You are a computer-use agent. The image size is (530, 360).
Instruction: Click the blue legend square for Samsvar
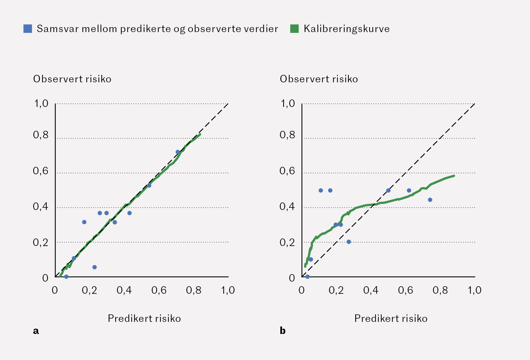coord(28,29)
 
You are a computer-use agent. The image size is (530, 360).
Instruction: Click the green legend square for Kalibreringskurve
coord(294,29)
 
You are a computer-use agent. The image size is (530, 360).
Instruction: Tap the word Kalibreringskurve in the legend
coord(346,29)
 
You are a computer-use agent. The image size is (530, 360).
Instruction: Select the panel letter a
coord(36,331)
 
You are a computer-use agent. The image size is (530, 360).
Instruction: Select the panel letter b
coord(282,331)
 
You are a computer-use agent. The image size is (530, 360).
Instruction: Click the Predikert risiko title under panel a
coord(144,318)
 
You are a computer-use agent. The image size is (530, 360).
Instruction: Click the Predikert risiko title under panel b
coord(391,318)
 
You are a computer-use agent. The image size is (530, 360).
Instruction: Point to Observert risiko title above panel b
coord(319,79)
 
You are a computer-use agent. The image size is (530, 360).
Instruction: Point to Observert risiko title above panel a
coord(72,79)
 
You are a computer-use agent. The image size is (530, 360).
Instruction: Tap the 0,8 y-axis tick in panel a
coord(41,135)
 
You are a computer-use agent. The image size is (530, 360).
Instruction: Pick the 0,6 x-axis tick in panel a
coord(159,290)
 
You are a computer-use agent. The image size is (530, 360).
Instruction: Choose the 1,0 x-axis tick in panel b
coord(474,290)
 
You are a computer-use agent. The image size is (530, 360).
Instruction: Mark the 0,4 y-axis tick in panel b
coord(287,206)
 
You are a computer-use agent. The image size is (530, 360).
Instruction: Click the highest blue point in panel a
coord(178,152)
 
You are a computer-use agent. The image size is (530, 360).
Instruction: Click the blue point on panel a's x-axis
coord(66,277)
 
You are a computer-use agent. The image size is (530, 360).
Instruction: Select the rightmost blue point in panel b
coord(430,200)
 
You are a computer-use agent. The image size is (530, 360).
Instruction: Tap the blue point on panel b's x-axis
coord(307,277)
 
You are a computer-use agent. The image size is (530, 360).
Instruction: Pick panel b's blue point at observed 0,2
coord(348,242)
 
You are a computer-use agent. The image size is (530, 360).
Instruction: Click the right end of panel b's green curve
coord(454,175)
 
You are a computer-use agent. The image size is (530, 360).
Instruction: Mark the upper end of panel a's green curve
coord(200,134)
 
